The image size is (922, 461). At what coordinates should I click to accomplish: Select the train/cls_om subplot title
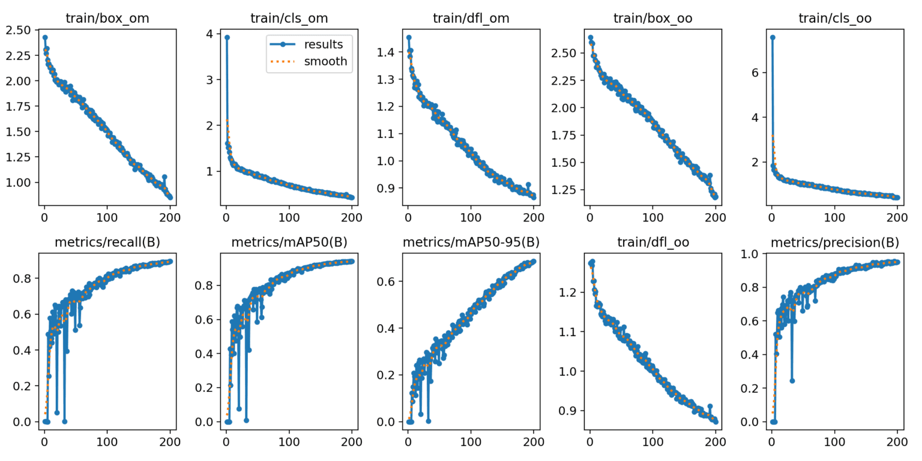[289, 19]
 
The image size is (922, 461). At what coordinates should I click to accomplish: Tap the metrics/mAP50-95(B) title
[471, 242]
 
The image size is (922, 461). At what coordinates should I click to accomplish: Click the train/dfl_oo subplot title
[652, 242]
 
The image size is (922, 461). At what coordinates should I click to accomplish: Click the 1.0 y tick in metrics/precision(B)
[752, 254]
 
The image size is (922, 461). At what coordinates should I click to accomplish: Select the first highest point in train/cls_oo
[773, 37]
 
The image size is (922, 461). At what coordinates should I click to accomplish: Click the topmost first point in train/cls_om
[227, 37]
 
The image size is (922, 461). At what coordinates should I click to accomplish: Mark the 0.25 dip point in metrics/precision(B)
[792, 381]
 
